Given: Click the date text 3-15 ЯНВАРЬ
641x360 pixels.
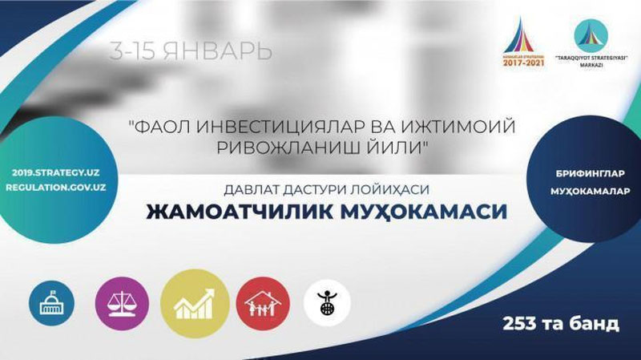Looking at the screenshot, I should pos(191,51).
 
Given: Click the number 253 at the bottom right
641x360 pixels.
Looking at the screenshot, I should pos(519,324).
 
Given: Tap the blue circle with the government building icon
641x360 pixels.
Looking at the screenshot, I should pos(51,303).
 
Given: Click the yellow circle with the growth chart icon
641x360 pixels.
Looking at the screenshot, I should pos(190,303).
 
